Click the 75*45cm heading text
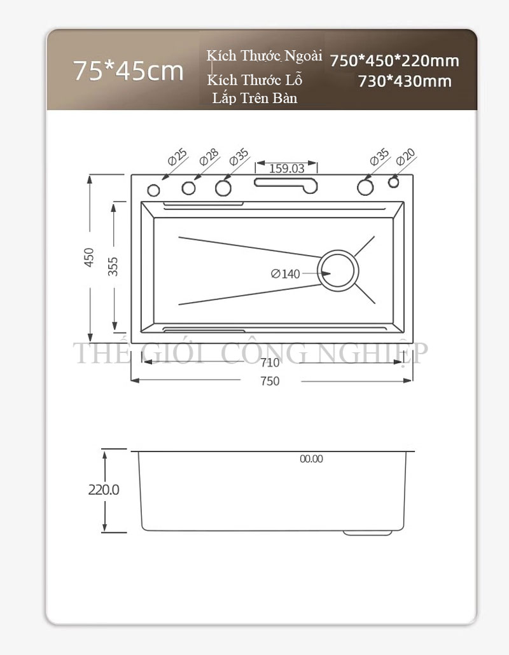129,71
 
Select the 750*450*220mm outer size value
394,61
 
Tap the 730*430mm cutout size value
405,81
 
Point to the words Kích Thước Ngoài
264,55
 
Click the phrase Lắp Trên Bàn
255,98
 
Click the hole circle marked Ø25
153,191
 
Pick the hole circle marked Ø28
188,188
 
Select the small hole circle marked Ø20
393,183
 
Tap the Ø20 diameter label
405,157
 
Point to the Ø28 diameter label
209,157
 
